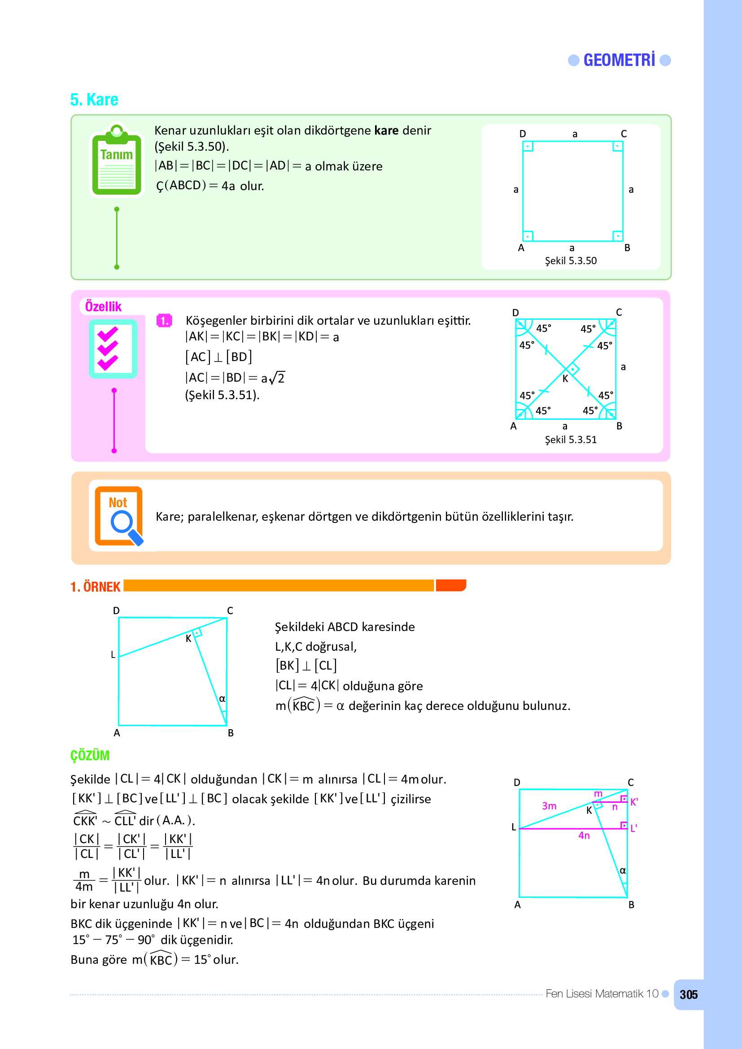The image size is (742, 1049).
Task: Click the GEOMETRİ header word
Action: (619, 60)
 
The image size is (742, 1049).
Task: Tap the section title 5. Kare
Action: (94, 100)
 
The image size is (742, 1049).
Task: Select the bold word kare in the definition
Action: (386, 131)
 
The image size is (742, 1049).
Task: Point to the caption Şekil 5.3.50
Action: (571, 261)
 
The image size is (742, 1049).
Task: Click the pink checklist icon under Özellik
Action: (113, 349)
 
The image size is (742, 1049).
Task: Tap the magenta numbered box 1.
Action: (164, 321)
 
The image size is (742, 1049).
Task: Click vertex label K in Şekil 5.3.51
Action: (565, 379)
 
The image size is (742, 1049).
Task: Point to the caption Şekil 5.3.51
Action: (571, 440)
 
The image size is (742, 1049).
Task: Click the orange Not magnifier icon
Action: (119, 516)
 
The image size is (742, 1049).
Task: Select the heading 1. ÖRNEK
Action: (96, 587)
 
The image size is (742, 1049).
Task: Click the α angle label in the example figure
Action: (222, 699)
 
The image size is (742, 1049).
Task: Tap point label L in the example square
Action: (113, 655)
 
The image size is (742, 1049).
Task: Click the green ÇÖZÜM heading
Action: (90, 756)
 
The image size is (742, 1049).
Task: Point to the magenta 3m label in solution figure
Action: (549, 806)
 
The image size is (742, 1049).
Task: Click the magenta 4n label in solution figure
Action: (584, 836)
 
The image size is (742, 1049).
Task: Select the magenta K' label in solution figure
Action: (634, 802)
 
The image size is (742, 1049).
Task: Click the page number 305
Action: (688, 995)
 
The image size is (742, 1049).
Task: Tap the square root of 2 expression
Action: (277, 378)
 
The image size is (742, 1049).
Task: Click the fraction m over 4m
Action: (84, 880)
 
